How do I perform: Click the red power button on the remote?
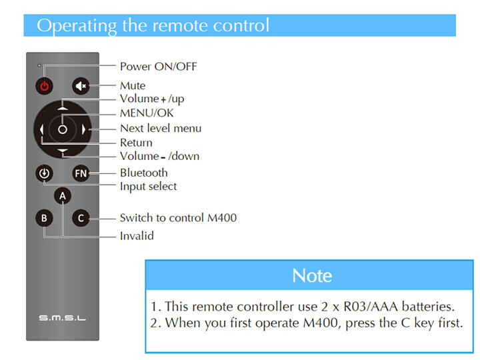[43, 85]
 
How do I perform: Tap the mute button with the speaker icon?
[81, 85]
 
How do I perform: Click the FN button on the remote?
[81, 174]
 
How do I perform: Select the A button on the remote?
[63, 195]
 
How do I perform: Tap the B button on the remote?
[43, 217]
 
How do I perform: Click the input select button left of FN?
[43, 174]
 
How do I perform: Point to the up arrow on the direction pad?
[63, 107]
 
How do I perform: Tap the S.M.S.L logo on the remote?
[61, 319]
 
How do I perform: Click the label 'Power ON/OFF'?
[158, 66]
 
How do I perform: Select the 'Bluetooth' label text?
[143, 173]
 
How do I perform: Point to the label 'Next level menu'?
[160, 128]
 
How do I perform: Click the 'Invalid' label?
[137, 235]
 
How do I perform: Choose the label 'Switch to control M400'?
[178, 217]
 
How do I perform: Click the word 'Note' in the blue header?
[312, 275]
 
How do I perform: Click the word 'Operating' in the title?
[77, 25]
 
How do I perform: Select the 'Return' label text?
[136, 143]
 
